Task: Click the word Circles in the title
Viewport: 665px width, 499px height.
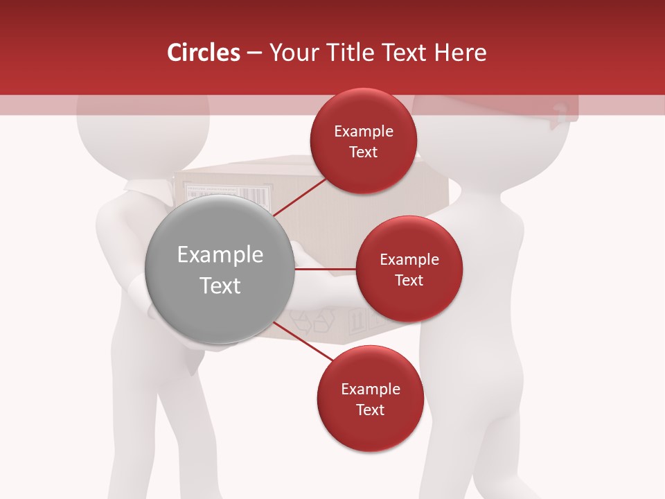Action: click(x=203, y=53)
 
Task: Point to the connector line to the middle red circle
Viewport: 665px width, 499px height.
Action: click(x=325, y=268)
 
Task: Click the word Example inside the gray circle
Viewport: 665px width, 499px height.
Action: click(x=220, y=255)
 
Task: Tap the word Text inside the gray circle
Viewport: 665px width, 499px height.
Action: click(x=220, y=286)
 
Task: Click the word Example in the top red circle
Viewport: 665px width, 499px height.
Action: click(x=364, y=132)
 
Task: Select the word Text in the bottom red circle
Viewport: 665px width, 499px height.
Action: click(x=371, y=410)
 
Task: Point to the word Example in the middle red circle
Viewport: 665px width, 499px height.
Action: click(x=409, y=260)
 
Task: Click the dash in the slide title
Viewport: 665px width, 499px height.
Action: click(x=254, y=53)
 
